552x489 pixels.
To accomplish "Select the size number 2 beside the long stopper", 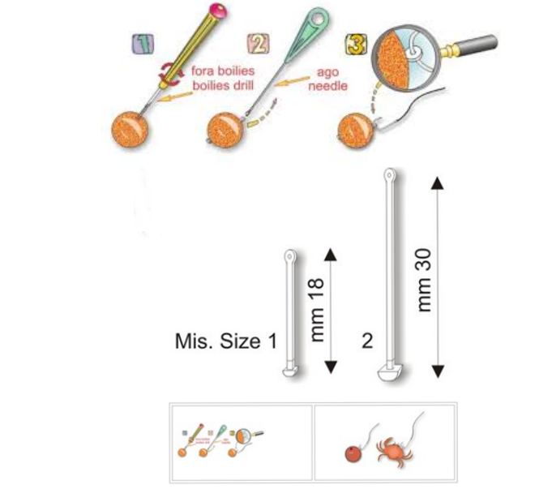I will pos(367,341).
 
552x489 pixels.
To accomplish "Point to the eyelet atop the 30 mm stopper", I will pos(390,174).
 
